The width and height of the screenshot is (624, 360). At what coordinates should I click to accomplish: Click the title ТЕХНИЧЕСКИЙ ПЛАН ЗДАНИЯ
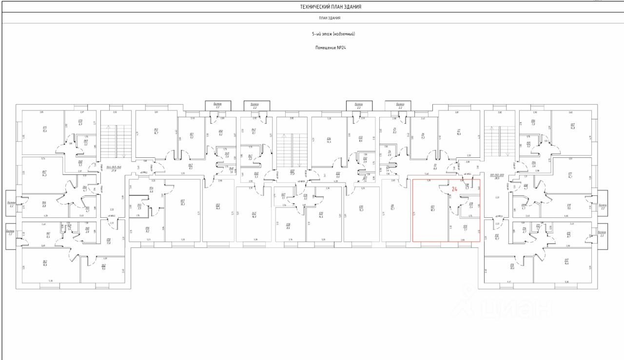(x=331, y=7)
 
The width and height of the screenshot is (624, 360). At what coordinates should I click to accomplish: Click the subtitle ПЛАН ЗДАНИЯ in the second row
(x=330, y=19)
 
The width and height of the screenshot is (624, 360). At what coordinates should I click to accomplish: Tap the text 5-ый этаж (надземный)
(x=333, y=34)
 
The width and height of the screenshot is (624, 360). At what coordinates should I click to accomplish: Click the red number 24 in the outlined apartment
(x=455, y=189)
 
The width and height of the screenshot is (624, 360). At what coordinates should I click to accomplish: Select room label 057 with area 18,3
(x=182, y=203)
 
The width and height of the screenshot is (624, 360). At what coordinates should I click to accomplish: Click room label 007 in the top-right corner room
(x=572, y=126)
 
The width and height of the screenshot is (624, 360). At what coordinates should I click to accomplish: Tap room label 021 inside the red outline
(x=432, y=208)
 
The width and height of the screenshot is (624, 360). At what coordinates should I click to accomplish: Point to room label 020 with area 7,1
(x=465, y=228)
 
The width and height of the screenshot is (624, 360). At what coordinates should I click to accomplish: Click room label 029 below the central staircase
(x=321, y=214)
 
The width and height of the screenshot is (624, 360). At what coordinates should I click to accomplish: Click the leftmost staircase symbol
(x=116, y=142)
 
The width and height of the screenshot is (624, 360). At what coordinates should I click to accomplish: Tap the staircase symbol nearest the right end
(x=500, y=141)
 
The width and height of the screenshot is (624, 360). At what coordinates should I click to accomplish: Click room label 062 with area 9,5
(x=104, y=267)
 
